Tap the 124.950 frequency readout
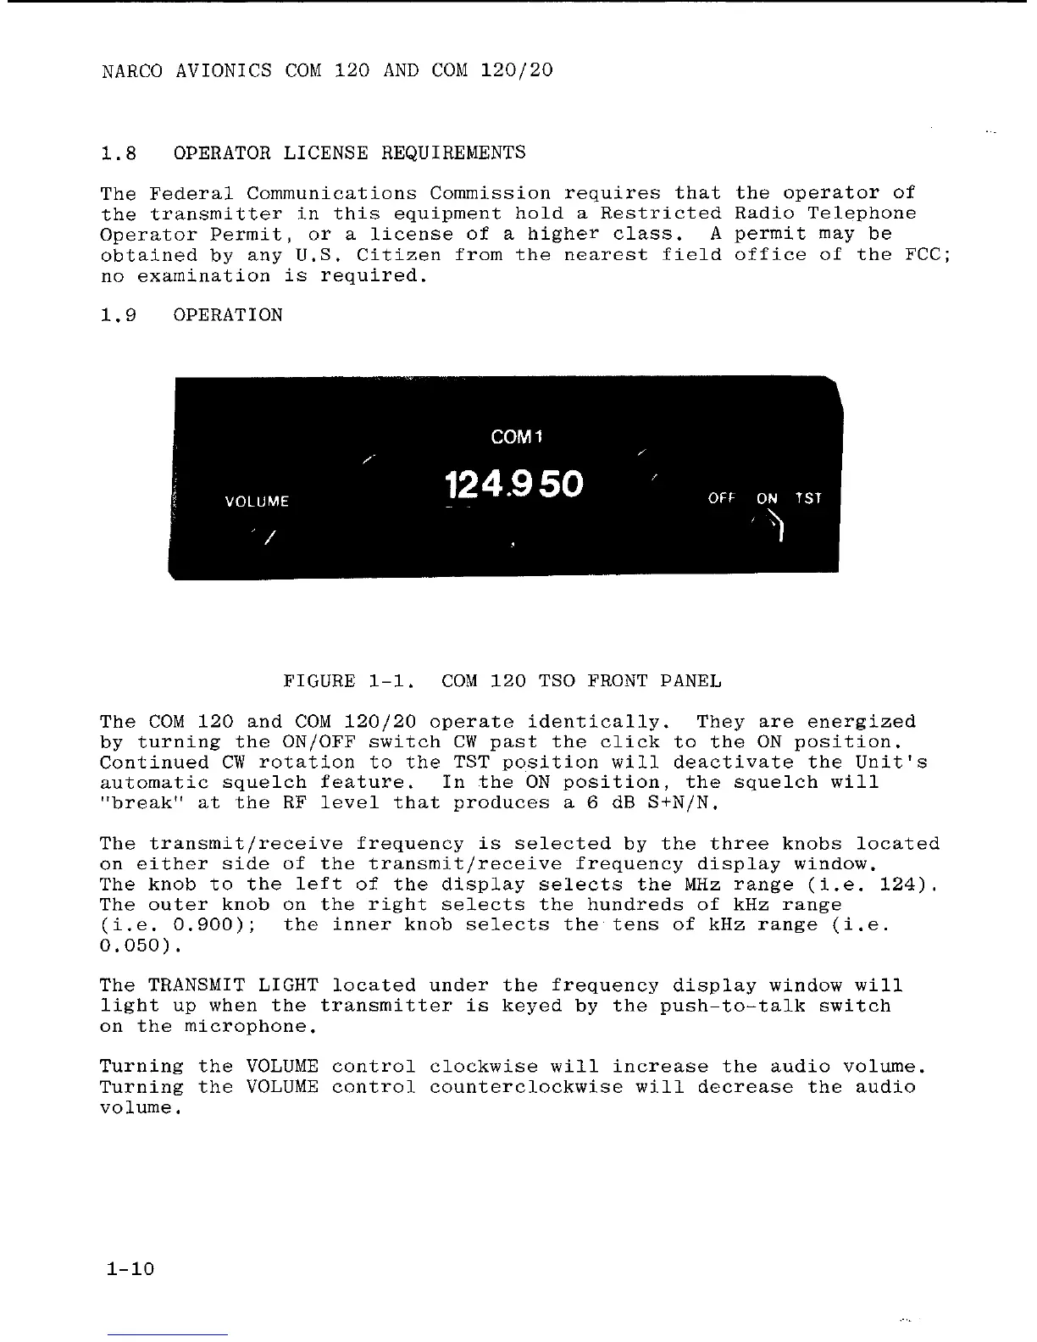tap(513, 485)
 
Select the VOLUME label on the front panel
tap(257, 502)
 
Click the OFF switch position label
tap(721, 498)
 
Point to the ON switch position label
tap(767, 498)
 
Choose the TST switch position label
tap(808, 498)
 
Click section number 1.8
tap(119, 153)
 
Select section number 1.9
tap(119, 315)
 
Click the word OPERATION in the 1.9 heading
tap(228, 315)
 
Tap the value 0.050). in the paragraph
tap(136, 945)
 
